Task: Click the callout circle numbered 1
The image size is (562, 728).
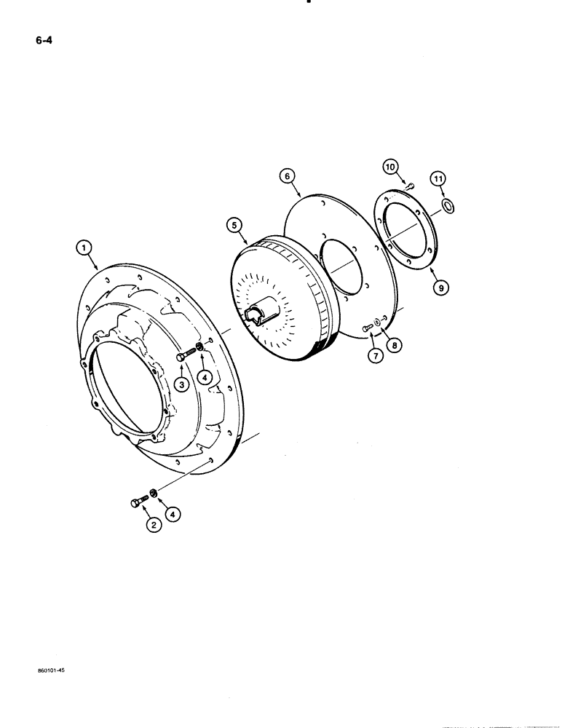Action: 86,249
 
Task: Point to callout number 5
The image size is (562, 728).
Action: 236,226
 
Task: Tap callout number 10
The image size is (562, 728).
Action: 392,167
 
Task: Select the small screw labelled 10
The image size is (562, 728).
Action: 410,187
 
